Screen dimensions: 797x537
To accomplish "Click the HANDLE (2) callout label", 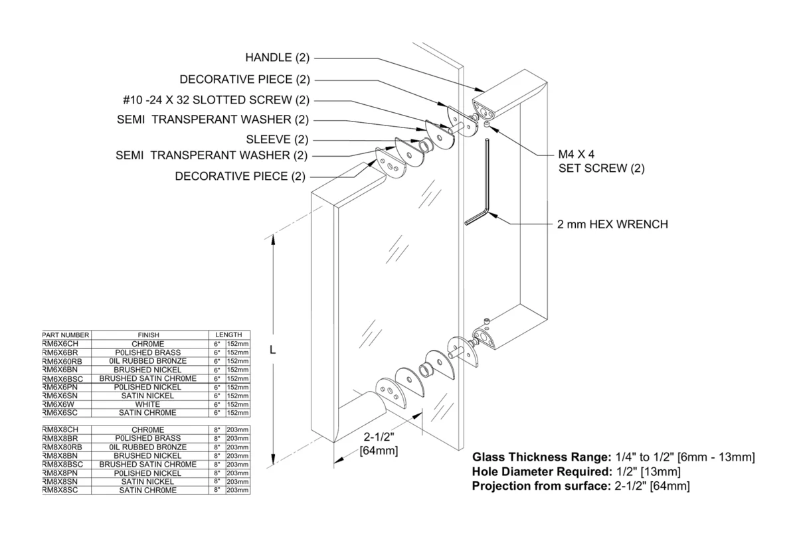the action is (x=278, y=58).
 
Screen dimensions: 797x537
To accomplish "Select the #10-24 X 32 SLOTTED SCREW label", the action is (x=217, y=100).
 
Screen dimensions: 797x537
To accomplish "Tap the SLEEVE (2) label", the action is (x=277, y=139).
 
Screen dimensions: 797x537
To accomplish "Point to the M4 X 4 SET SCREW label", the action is (x=601, y=161).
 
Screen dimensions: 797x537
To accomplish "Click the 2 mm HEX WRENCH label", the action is (x=612, y=224).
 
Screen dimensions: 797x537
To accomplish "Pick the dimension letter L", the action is (x=272, y=350).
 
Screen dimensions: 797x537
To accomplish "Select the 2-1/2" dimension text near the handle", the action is (x=379, y=437).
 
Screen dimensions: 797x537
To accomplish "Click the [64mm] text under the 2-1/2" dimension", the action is (x=379, y=451).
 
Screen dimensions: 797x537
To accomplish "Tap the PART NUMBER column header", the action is (x=66, y=335).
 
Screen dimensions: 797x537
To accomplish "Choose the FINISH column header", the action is (x=148, y=335).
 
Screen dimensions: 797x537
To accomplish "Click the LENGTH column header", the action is (x=228, y=335).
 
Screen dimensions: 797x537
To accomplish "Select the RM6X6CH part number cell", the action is (x=60, y=344).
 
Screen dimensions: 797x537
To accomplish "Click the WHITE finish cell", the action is (x=147, y=404).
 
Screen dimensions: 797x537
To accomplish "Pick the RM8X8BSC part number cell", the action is (x=62, y=465).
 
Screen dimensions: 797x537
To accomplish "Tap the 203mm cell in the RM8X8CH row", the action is (x=237, y=430).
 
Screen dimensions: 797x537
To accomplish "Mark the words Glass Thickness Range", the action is (x=541, y=457).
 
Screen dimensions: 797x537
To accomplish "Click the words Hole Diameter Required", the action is (x=541, y=471).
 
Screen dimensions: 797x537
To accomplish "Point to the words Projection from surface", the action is (x=541, y=486).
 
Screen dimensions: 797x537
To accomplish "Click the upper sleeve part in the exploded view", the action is (x=425, y=146).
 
